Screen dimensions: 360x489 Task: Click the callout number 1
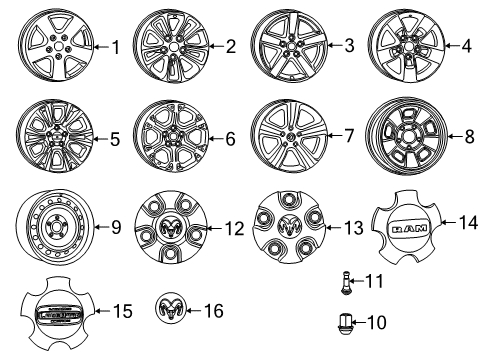click(x=114, y=46)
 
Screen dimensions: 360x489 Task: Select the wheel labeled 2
click(x=168, y=46)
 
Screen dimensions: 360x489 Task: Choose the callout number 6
click(x=230, y=140)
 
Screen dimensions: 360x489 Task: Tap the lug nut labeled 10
click(x=347, y=324)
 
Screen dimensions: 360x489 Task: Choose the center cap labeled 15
click(x=58, y=313)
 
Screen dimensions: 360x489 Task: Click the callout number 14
click(x=467, y=222)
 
